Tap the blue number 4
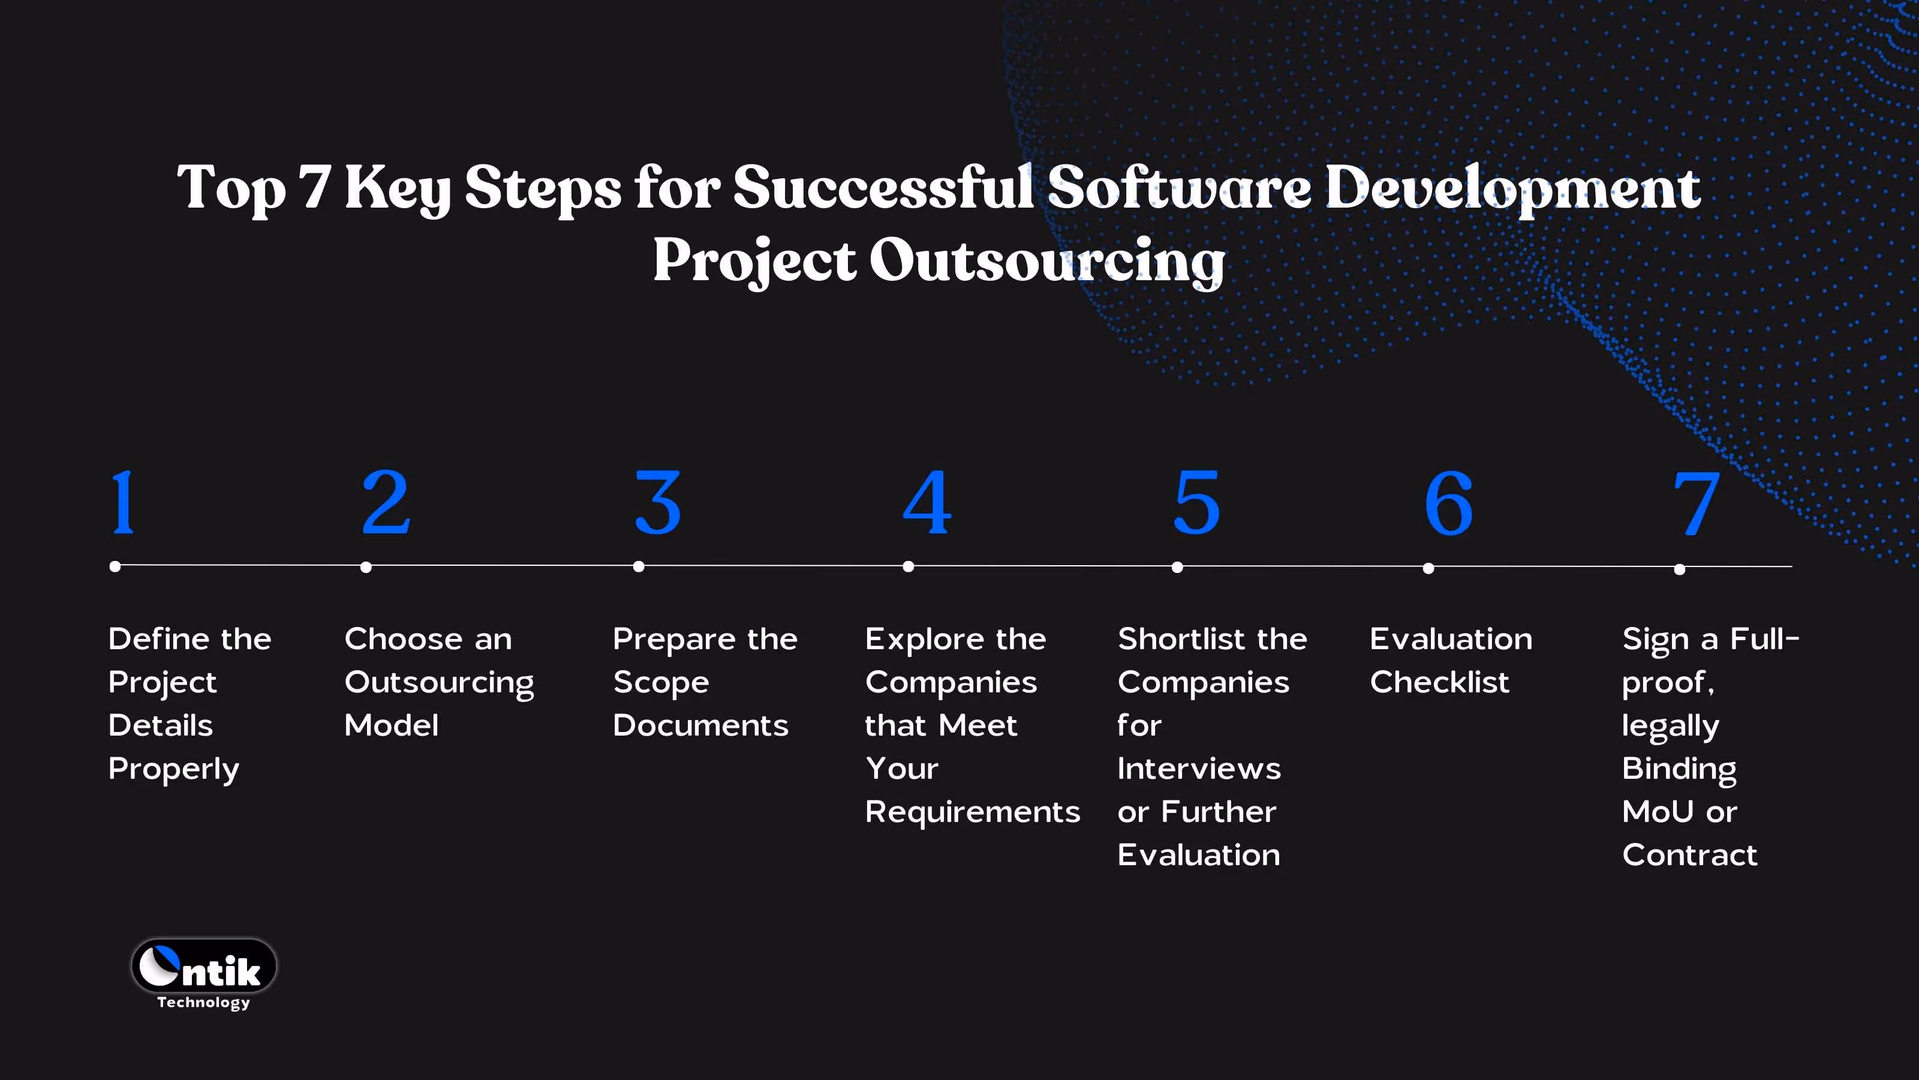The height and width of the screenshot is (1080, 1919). coord(927,503)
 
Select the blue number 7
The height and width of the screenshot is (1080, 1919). coord(1697,504)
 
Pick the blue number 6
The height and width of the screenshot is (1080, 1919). coord(1448,504)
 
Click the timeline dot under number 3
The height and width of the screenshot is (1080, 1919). coord(639,567)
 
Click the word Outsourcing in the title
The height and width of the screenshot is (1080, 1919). coord(1046,261)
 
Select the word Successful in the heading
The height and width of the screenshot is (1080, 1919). coord(883,188)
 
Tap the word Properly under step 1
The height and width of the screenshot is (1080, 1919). coord(173,769)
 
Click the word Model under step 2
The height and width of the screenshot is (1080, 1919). coord(391,725)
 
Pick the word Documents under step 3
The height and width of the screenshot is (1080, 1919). coord(700,725)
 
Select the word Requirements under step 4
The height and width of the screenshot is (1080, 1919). coord(972,812)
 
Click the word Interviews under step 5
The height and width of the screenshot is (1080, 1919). coord(1199,769)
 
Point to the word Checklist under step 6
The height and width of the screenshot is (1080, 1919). coord(1439,682)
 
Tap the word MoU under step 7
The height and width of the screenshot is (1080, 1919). coord(1658,812)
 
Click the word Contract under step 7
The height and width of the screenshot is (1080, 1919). coord(1689,855)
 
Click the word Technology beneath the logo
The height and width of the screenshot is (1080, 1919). coord(203,1003)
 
